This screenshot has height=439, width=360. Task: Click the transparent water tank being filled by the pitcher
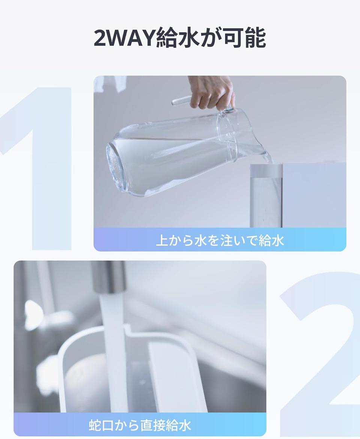point(266,196)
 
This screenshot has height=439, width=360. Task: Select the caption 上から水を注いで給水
point(220,240)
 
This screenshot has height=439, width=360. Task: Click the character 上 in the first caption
point(162,240)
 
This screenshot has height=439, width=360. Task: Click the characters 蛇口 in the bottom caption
point(101,425)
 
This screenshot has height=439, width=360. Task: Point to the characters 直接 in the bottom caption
point(153,425)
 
